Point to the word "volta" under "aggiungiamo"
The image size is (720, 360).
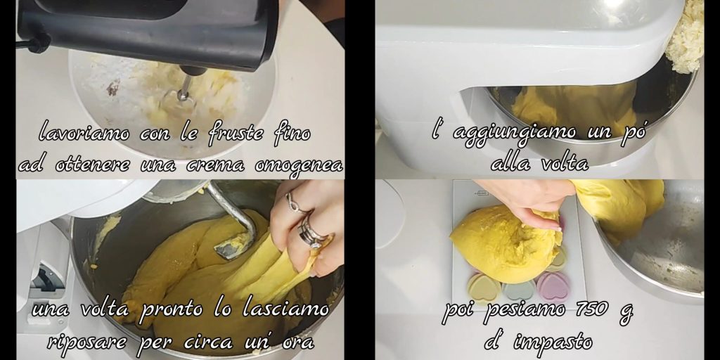(x=565, y=163)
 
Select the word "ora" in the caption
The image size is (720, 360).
(x=298, y=342)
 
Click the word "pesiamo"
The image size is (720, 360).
(x=521, y=310)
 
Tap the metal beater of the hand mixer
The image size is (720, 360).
(x=185, y=88)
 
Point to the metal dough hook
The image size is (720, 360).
(x=234, y=219)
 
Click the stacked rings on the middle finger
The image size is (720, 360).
(x=311, y=233)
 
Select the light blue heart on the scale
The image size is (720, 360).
(x=520, y=290)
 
